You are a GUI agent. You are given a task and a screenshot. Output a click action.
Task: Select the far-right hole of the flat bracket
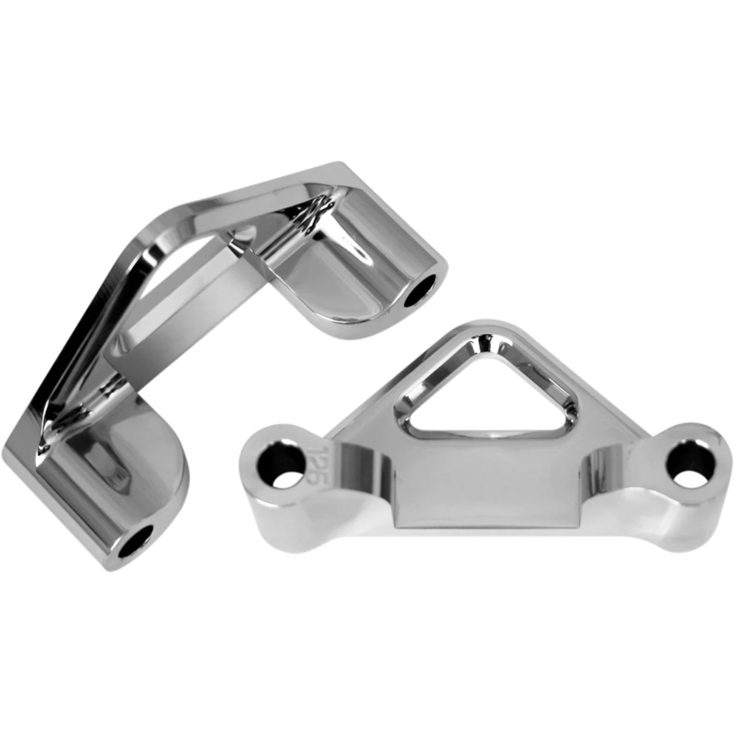click(690, 463)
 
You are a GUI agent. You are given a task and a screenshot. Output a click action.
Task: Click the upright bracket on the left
click(183, 349)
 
